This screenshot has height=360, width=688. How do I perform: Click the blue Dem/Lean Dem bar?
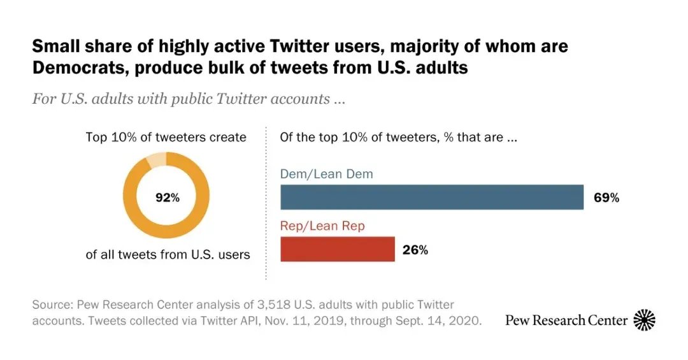[432, 198]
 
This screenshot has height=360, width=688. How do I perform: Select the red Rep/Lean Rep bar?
[338, 249]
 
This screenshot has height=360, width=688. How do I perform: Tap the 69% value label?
[606, 198]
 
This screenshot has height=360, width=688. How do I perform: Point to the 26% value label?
[415, 250]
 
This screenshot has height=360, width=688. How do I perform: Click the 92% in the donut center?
[168, 198]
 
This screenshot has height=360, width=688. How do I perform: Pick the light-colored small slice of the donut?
[156, 159]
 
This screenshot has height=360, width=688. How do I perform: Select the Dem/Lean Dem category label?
[327, 173]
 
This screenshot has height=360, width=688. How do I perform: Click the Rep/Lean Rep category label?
[322, 226]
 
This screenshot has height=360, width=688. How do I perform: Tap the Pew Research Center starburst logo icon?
[644, 319]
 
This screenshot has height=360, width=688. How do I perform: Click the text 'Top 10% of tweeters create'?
[166, 137]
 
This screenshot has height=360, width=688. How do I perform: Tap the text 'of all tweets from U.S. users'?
[168, 255]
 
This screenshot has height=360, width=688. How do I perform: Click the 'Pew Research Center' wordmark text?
[566, 320]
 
